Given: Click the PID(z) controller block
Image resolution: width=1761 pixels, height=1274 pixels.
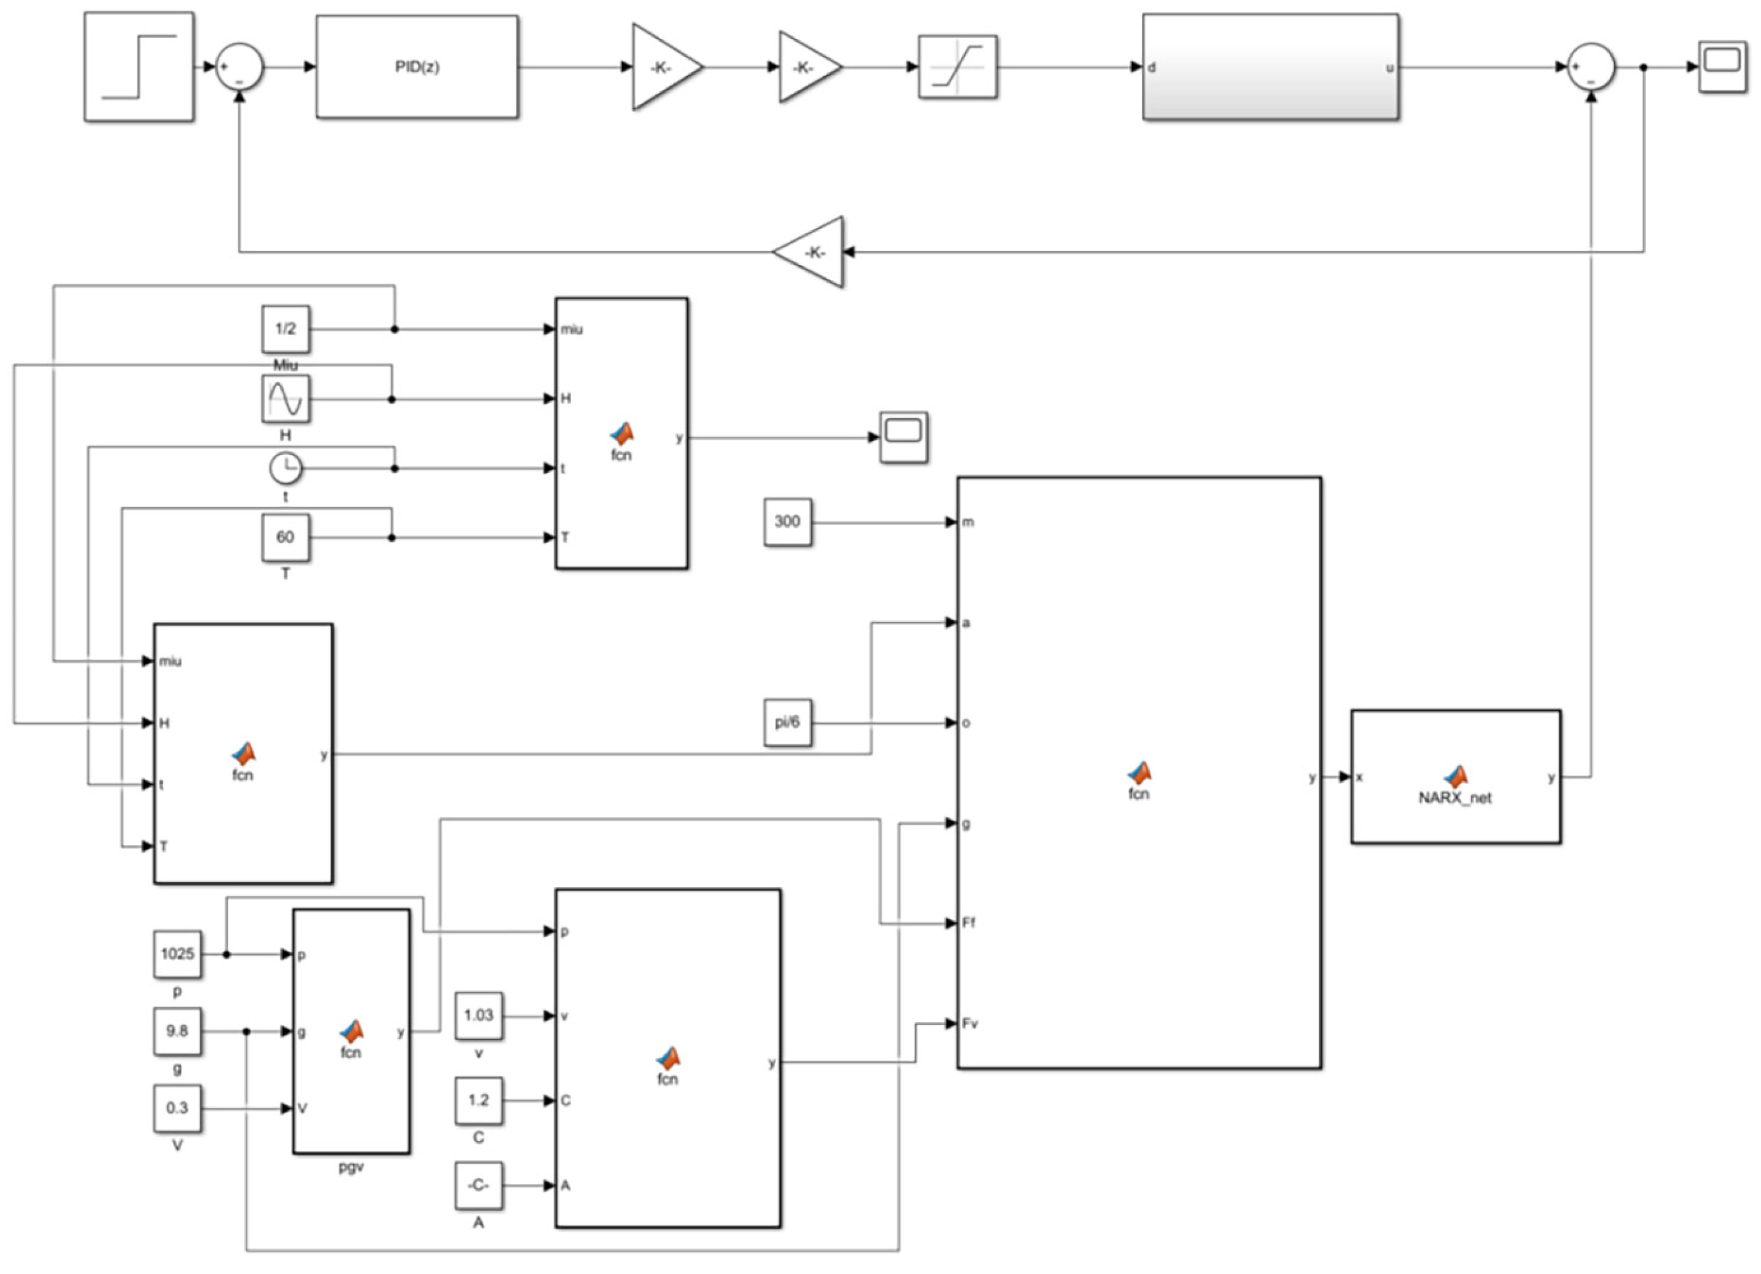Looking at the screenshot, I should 417,67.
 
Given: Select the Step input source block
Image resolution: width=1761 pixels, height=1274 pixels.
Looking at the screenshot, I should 139,67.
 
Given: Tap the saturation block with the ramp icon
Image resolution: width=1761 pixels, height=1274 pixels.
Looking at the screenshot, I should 958,67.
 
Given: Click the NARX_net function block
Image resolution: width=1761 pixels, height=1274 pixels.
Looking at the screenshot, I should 1455,776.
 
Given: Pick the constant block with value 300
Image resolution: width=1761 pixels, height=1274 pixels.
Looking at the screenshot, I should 787,522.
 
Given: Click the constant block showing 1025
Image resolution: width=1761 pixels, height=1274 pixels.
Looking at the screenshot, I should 177,954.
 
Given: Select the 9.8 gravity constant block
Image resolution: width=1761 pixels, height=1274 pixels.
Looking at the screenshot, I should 177,1031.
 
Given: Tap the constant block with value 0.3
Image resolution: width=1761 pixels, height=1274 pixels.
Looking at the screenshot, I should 177,1108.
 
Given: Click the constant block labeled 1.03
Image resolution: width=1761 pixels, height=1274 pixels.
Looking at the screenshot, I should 478,1016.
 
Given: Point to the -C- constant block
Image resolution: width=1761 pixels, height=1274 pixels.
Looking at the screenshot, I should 478,1185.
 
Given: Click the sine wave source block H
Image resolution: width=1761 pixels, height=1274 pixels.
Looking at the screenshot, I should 285,399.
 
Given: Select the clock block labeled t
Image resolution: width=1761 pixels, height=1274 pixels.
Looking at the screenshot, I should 285,468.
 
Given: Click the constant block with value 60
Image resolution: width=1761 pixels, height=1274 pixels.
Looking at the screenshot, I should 285,537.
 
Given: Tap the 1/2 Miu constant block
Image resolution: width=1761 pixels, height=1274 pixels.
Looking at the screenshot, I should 285,329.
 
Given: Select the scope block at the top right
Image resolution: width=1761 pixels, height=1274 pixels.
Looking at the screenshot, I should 1722,68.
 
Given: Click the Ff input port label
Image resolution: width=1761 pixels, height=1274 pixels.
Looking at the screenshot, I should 968,923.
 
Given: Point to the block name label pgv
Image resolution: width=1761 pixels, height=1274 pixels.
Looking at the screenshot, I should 351,1167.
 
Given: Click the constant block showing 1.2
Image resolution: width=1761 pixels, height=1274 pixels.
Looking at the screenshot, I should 478,1100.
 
